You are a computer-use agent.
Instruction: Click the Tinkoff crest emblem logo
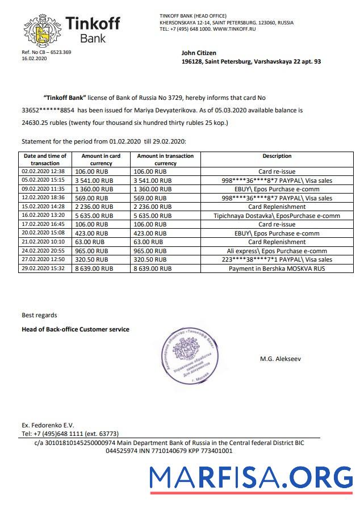(40, 31)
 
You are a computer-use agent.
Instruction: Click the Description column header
(277, 156)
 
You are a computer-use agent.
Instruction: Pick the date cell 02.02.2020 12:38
(44, 171)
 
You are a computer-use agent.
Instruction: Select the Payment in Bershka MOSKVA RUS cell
(277, 268)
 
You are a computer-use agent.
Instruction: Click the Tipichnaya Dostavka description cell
(277, 216)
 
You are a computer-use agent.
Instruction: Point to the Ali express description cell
(277, 250)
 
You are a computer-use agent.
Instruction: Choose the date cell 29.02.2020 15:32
(44, 268)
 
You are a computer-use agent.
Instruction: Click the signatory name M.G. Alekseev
(280, 359)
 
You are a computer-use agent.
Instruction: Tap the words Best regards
(39, 315)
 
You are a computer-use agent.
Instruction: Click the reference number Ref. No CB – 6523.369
(46, 52)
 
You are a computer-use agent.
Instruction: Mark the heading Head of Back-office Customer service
(75, 329)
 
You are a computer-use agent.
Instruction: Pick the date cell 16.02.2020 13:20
(44, 216)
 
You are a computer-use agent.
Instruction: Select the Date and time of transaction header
(45, 159)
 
